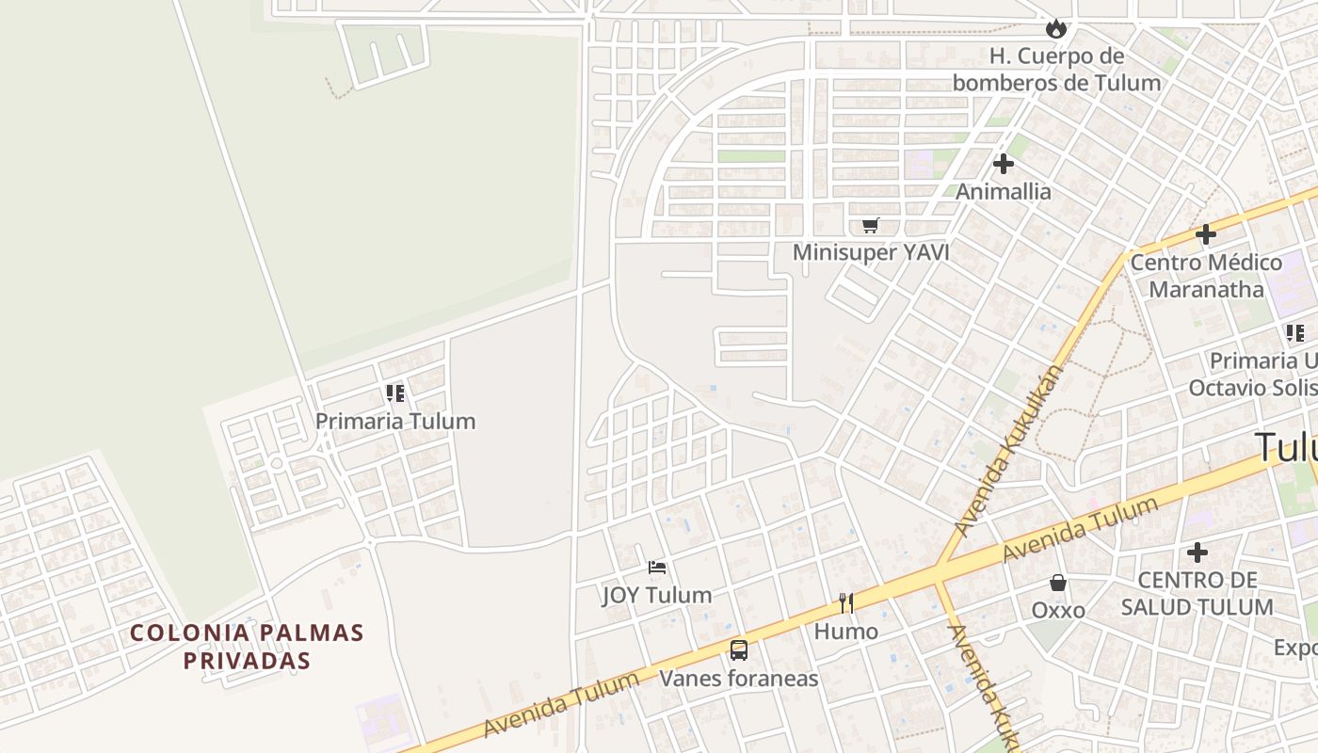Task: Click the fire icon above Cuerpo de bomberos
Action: click(x=1056, y=29)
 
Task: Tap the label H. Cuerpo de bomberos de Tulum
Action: click(x=1056, y=70)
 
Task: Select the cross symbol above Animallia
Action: click(x=1004, y=164)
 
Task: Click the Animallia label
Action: click(x=1004, y=192)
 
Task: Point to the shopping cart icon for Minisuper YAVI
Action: click(x=871, y=226)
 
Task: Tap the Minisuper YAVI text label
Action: click(x=871, y=252)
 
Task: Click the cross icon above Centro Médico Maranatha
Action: click(x=1206, y=234)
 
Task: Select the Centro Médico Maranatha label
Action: click(x=1206, y=276)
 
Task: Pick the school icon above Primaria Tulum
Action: click(x=395, y=393)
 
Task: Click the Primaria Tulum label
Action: click(x=395, y=421)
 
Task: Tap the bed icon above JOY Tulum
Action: click(x=657, y=568)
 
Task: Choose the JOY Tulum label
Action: click(x=657, y=595)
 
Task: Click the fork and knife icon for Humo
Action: click(x=846, y=603)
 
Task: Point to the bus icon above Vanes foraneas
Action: click(x=739, y=650)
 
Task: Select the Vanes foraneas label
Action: click(x=739, y=679)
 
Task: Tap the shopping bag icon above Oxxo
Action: click(x=1058, y=584)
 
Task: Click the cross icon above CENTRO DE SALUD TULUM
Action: click(x=1197, y=553)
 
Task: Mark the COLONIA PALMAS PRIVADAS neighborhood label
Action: click(x=247, y=647)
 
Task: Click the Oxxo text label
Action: click(x=1058, y=610)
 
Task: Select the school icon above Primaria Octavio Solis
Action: click(x=1295, y=333)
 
